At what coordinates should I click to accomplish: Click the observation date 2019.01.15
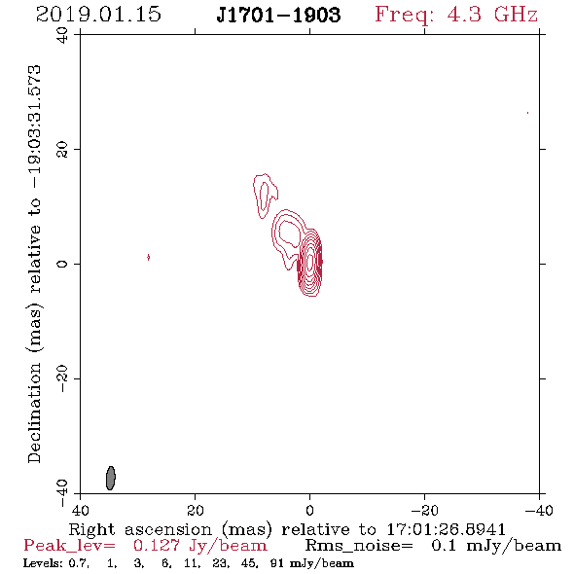(x=98, y=15)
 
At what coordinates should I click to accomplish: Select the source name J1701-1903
(x=278, y=15)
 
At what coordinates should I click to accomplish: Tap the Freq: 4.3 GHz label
(x=456, y=16)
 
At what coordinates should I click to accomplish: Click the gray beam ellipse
(x=111, y=478)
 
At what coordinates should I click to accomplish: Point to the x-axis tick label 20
(x=196, y=510)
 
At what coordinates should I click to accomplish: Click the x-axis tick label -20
(x=424, y=510)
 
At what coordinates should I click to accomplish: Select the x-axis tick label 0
(x=309, y=510)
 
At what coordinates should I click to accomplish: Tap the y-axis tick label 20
(x=62, y=150)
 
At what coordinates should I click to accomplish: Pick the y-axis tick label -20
(x=62, y=378)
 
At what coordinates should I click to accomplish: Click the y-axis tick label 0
(x=62, y=264)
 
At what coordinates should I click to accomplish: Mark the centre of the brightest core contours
(x=310, y=262)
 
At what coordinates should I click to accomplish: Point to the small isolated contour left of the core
(x=148, y=257)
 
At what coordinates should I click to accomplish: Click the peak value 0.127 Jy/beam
(x=199, y=546)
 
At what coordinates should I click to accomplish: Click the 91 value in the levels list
(x=276, y=563)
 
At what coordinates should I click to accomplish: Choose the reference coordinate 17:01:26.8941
(x=446, y=529)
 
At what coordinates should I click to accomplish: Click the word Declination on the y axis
(x=34, y=413)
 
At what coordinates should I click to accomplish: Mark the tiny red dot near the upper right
(x=527, y=113)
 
